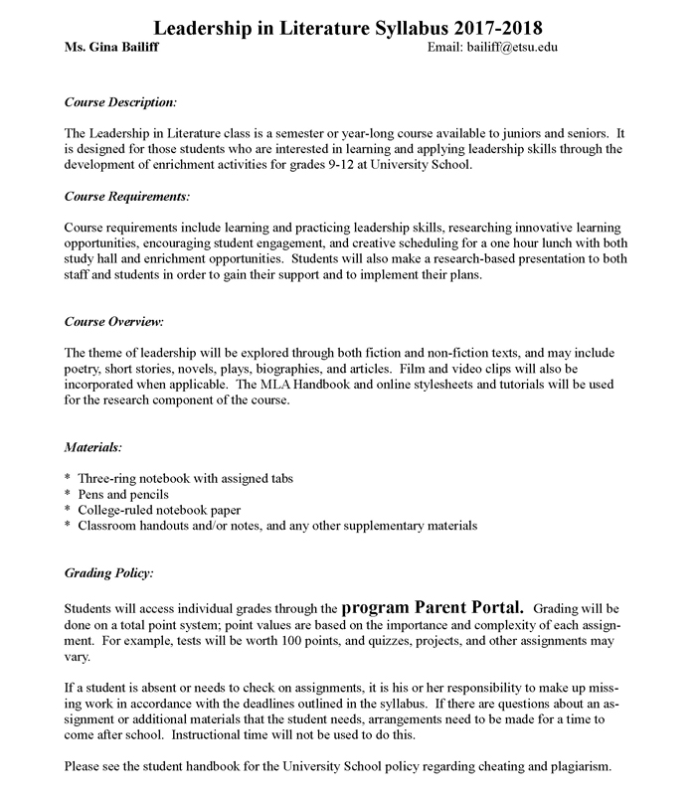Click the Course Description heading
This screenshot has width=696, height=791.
click(x=120, y=101)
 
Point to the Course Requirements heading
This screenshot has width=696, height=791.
click(x=126, y=196)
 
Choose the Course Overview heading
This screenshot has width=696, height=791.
click(x=113, y=322)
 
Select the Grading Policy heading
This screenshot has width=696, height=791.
click(x=108, y=574)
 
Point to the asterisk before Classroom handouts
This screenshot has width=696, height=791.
click(x=68, y=525)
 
